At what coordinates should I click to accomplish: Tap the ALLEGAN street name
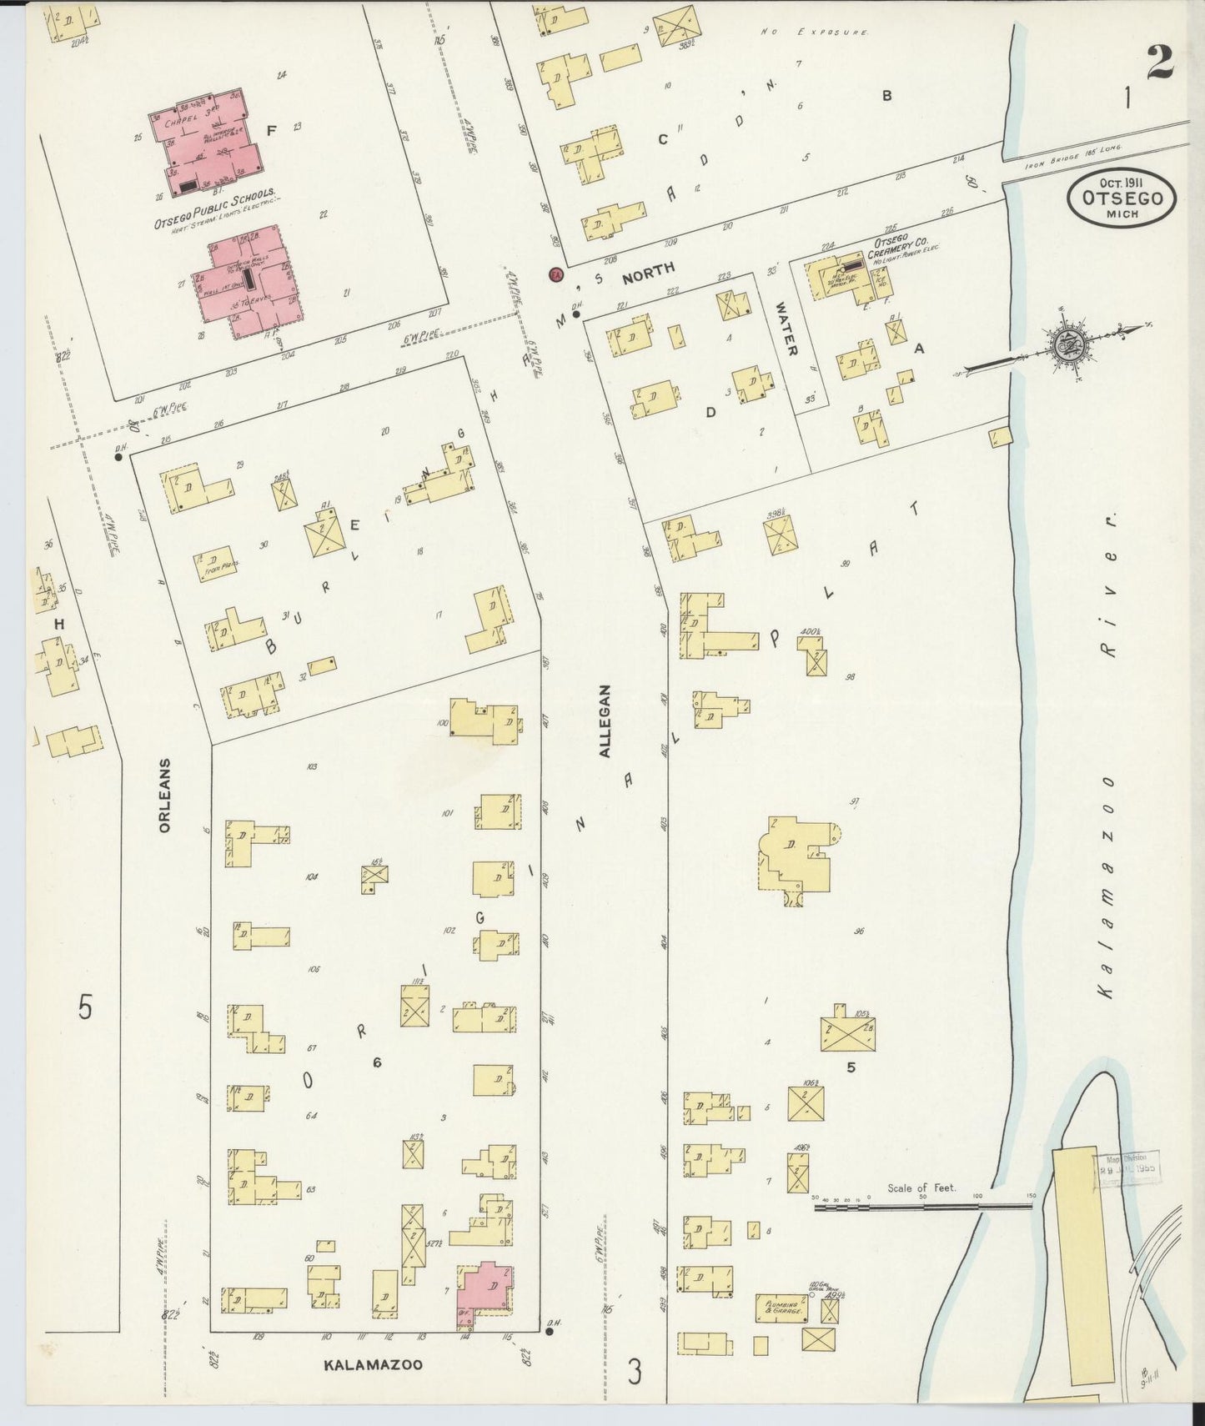coord(606,721)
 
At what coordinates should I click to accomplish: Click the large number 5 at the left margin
coord(85,1007)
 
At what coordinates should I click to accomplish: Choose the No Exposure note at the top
coord(816,32)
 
